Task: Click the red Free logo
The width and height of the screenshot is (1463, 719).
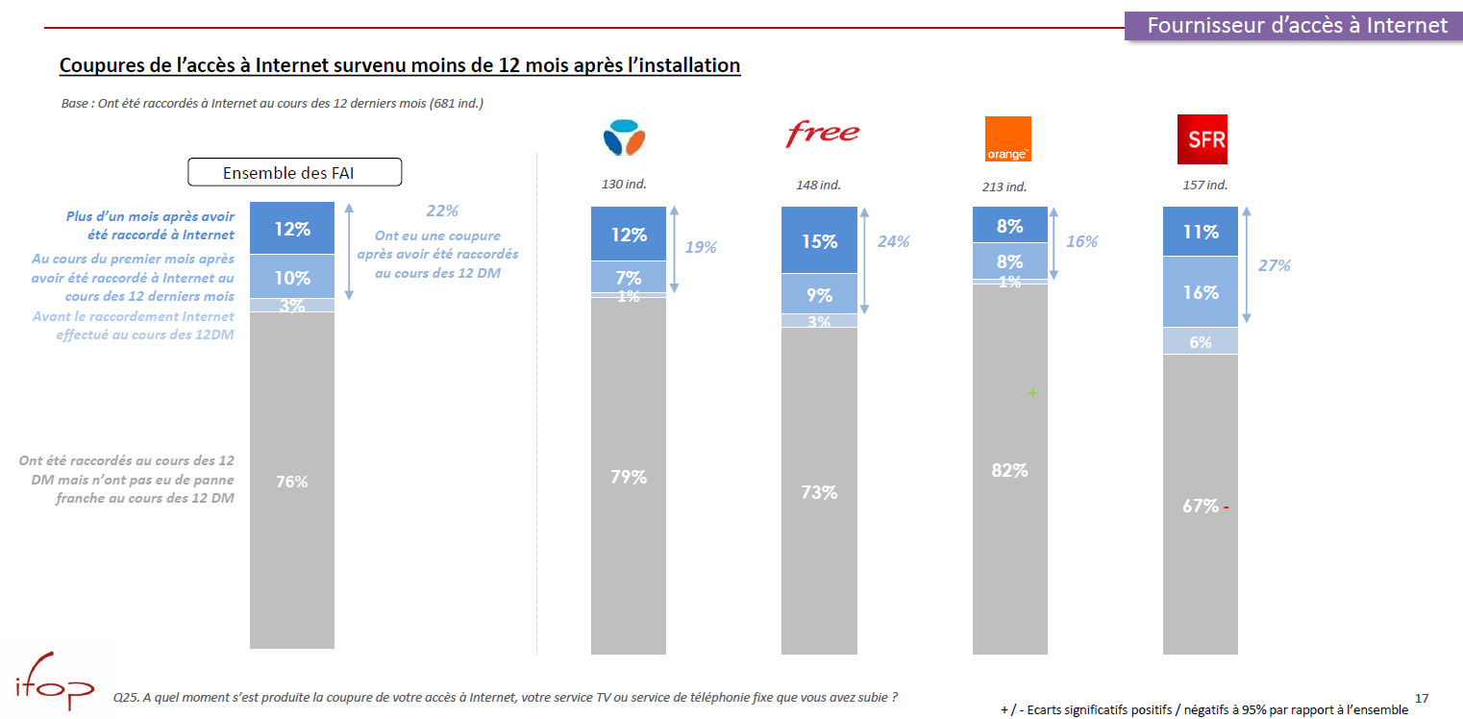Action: [x=822, y=134]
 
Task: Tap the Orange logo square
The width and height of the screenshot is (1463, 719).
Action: [x=1007, y=138]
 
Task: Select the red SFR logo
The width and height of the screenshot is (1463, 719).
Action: [x=1202, y=139]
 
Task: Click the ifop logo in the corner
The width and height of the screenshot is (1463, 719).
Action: [x=54, y=685]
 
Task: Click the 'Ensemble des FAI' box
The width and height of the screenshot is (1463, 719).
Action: [x=293, y=173]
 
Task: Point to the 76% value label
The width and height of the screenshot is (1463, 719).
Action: [x=292, y=482]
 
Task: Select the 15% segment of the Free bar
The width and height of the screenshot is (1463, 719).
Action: [x=819, y=241]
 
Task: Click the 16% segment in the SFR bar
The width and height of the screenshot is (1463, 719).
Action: [x=1201, y=292]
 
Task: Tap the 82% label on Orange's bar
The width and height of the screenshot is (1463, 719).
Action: [x=1009, y=470]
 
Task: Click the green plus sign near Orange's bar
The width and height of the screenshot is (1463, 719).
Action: [x=1033, y=393]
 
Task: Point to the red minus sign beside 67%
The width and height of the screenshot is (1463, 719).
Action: [x=1227, y=507]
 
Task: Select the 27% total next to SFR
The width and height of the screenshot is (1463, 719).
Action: [x=1275, y=265]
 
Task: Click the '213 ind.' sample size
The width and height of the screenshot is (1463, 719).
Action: [x=1004, y=186]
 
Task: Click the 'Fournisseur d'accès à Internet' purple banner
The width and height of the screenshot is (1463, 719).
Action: [x=1297, y=26]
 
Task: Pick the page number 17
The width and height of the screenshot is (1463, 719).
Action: [x=1422, y=696]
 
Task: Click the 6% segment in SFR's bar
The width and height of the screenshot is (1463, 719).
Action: [x=1201, y=341]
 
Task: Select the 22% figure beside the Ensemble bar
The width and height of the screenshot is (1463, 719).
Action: [x=441, y=211]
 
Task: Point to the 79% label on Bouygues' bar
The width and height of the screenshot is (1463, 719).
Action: [x=628, y=476]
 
